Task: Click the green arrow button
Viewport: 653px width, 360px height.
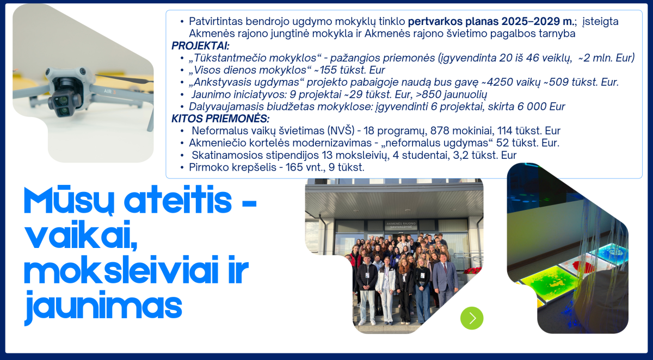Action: pyautogui.click(x=472, y=318)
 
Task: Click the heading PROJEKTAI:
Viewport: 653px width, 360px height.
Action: pyautogui.click(x=200, y=46)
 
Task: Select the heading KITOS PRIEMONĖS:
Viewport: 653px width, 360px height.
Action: pyautogui.click(x=220, y=119)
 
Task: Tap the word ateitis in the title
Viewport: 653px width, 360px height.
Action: pyautogui.click(x=177, y=201)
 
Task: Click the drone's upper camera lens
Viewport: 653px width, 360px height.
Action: pyautogui.click(x=62, y=101)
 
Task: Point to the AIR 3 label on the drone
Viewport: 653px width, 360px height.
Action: pyautogui.click(x=110, y=91)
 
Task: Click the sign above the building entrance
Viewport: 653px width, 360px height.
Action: pyautogui.click(x=401, y=225)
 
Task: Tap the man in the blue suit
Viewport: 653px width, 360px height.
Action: pyautogui.click(x=444, y=280)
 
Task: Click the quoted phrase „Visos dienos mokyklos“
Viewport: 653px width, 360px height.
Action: pyautogui.click(x=248, y=70)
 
